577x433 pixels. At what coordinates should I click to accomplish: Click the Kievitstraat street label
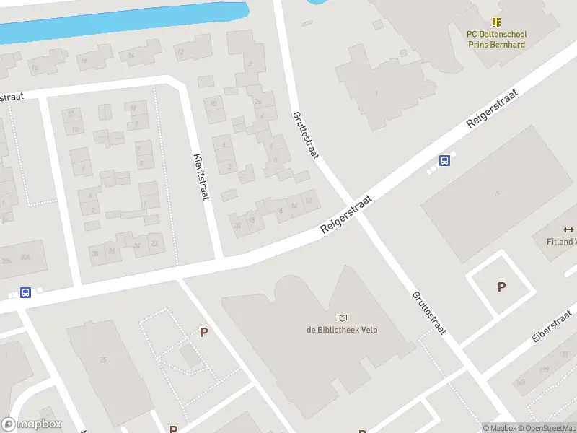(x=201, y=177)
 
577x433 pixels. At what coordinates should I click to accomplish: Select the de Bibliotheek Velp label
(x=342, y=330)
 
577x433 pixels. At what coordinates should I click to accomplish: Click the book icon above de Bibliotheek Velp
(x=342, y=318)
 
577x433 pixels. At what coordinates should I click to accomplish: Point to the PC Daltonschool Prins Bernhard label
(x=496, y=39)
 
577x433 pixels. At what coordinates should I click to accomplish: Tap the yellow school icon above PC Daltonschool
(x=496, y=23)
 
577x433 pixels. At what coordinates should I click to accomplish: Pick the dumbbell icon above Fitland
(x=568, y=229)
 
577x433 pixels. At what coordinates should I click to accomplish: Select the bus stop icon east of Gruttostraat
(x=445, y=161)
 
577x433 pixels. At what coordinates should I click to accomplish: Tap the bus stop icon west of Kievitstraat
(x=25, y=292)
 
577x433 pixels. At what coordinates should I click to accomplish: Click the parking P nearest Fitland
(x=501, y=287)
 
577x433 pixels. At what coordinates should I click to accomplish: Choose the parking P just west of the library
(x=204, y=333)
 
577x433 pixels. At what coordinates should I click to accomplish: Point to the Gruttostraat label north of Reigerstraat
(x=305, y=135)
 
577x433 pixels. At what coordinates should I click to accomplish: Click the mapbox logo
(x=32, y=424)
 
